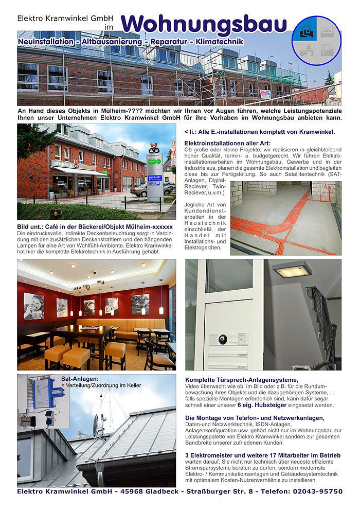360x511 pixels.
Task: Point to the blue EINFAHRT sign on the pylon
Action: (155, 178)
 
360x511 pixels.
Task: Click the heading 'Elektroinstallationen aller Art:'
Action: (227, 143)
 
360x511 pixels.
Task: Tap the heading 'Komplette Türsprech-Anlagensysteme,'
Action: (241, 380)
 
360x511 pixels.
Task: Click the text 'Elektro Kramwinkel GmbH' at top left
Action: (58, 17)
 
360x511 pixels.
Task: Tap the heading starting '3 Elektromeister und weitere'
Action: (262, 455)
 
